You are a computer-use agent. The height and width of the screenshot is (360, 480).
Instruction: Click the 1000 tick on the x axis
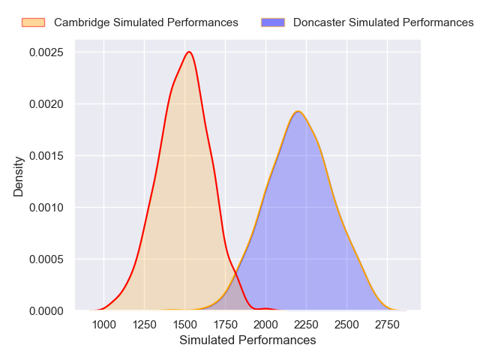click(x=103, y=325)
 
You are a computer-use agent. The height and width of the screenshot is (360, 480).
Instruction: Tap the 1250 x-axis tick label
click(x=144, y=325)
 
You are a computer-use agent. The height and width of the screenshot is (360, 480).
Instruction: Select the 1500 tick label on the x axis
click(x=184, y=325)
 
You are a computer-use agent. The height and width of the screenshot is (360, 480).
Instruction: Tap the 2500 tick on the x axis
click(x=346, y=325)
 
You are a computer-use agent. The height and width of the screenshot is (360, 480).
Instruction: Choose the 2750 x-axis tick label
click(x=387, y=325)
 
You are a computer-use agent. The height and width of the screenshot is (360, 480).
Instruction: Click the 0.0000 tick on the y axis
click(x=46, y=310)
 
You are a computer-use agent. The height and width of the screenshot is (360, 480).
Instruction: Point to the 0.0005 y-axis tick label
click(x=46, y=259)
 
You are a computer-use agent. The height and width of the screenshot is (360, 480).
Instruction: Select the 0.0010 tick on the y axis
click(x=46, y=207)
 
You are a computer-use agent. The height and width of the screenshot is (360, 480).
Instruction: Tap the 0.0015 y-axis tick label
click(x=46, y=155)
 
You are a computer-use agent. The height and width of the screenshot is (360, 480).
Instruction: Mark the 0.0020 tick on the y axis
click(x=46, y=104)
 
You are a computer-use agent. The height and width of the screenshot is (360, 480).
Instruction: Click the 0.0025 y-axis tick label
click(x=46, y=52)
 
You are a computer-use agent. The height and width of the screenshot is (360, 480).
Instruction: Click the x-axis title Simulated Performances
click(x=247, y=340)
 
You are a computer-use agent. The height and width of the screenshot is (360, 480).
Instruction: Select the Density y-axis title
click(x=19, y=181)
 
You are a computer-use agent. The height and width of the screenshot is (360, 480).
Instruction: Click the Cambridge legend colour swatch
click(x=33, y=22)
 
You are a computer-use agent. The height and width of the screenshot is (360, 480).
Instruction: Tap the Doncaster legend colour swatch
click(x=273, y=22)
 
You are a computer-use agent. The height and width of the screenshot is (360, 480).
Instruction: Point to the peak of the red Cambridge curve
click(x=190, y=52)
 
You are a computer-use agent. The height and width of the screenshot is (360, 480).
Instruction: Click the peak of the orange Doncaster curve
click(x=298, y=111)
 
